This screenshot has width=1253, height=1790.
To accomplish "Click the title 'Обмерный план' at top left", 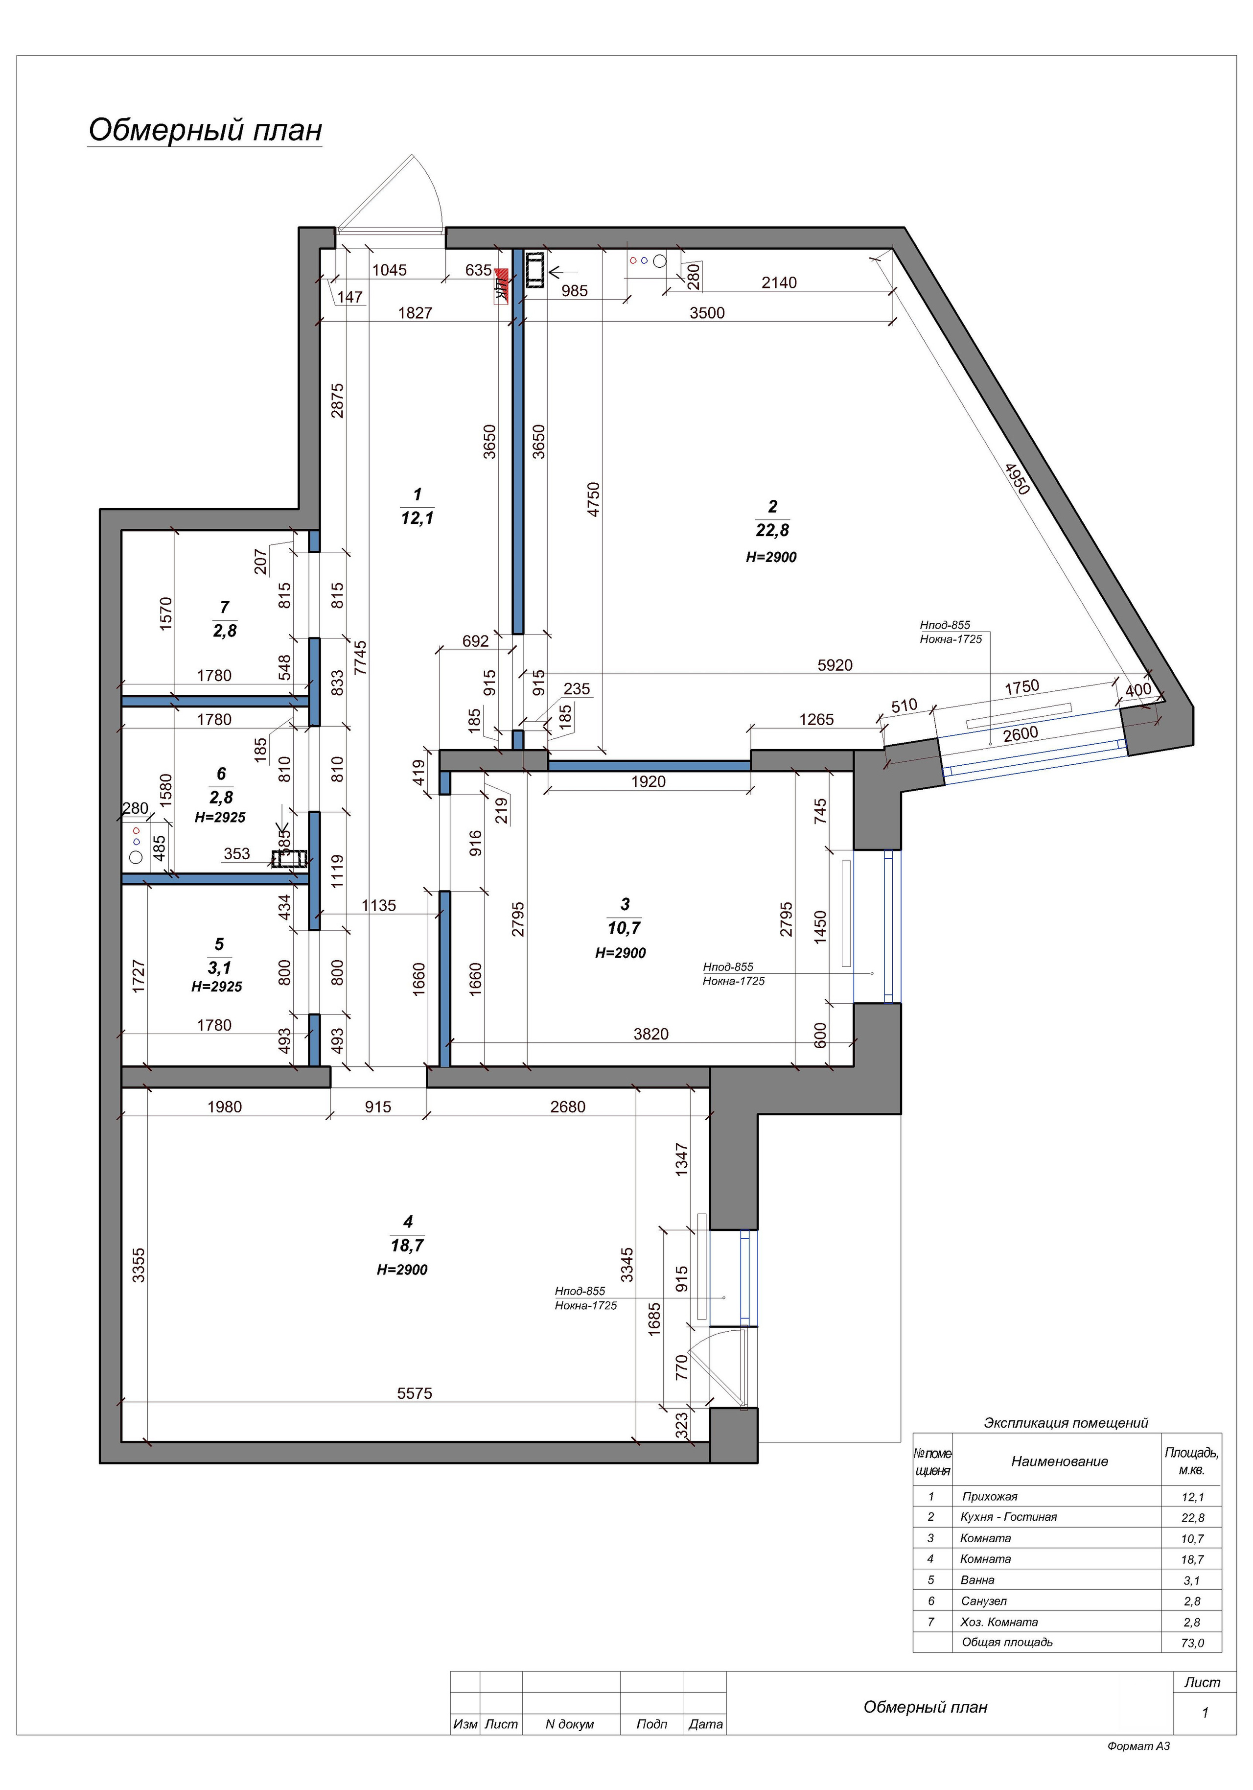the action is pos(205,130).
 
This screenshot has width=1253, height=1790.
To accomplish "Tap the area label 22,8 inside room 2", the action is pos(772,530).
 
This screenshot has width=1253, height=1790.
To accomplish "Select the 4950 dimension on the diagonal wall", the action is pos(1017,478).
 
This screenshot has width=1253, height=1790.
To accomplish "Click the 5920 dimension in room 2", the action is pos(835,665).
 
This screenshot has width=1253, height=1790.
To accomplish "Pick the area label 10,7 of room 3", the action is pos(624,928).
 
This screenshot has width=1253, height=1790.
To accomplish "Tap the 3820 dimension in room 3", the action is pos(650,1034).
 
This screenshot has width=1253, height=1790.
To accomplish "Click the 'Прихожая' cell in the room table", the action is pos(990,1496).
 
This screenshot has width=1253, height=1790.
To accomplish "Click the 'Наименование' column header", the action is pos(1060,1461).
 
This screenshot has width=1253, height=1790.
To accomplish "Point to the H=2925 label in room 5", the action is pos(217,986).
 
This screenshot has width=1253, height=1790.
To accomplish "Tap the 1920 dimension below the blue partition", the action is pos(649,781).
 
